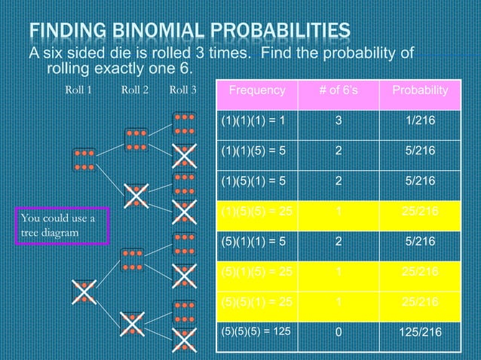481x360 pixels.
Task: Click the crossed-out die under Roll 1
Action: pyautogui.click(x=84, y=291)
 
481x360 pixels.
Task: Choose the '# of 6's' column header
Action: pyautogui.click(x=339, y=90)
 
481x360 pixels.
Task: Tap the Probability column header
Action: pyautogui.click(x=420, y=90)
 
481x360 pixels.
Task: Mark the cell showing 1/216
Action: pyautogui.click(x=420, y=121)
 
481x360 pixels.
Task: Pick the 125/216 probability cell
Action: pyautogui.click(x=420, y=331)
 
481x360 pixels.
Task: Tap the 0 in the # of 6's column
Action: pyautogui.click(x=339, y=331)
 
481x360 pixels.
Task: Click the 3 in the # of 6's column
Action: pyautogui.click(x=339, y=121)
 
